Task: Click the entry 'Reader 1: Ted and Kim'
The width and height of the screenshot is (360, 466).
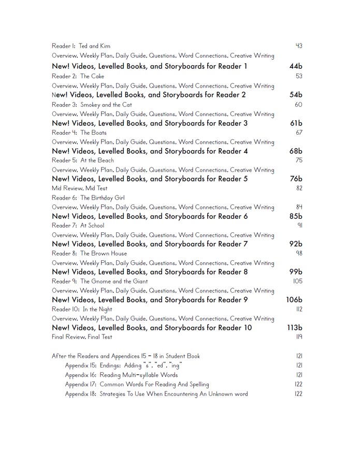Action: pyautogui.click(x=81, y=46)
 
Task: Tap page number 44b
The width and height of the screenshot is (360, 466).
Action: pyautogui.click(x=296, y=66)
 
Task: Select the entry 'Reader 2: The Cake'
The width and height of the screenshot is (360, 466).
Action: pyautogui.click(x=78, y=76)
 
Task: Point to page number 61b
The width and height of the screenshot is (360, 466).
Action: pyautogui.click(x=296, y=123)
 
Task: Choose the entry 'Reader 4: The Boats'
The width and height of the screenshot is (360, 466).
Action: pyautogui.click(x=79, y=133)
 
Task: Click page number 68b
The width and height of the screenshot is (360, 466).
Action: pyautogui.click(x=296, y=151)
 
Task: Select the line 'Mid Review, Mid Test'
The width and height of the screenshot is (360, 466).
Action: pyautogui.click(x=80, y=189)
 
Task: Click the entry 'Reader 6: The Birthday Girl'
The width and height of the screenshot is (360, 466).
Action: pyautogui.click(x=88, y=198)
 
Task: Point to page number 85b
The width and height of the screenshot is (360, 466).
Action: pyautogui.click(x=296, y=217)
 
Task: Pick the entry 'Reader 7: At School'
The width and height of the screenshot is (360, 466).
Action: pyautogui.click(x=78, y=226)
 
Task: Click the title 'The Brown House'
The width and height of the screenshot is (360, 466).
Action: pyautogui.click(x=104, y=253)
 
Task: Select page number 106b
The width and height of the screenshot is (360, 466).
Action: pyautogui.click(x=294, y=300)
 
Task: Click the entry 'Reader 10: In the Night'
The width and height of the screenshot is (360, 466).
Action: pyautogui.click(x=82, y=309)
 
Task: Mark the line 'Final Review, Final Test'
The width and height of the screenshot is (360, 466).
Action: pyautogui.click(x=82, y=337)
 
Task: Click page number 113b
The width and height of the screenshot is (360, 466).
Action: pyautogui.click(x=295, y=328)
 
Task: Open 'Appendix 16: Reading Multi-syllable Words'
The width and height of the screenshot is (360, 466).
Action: pyautogui.click(x=121, y=375)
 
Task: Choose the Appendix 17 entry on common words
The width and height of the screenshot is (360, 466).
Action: pyautogui.click(x=137, y=385)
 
